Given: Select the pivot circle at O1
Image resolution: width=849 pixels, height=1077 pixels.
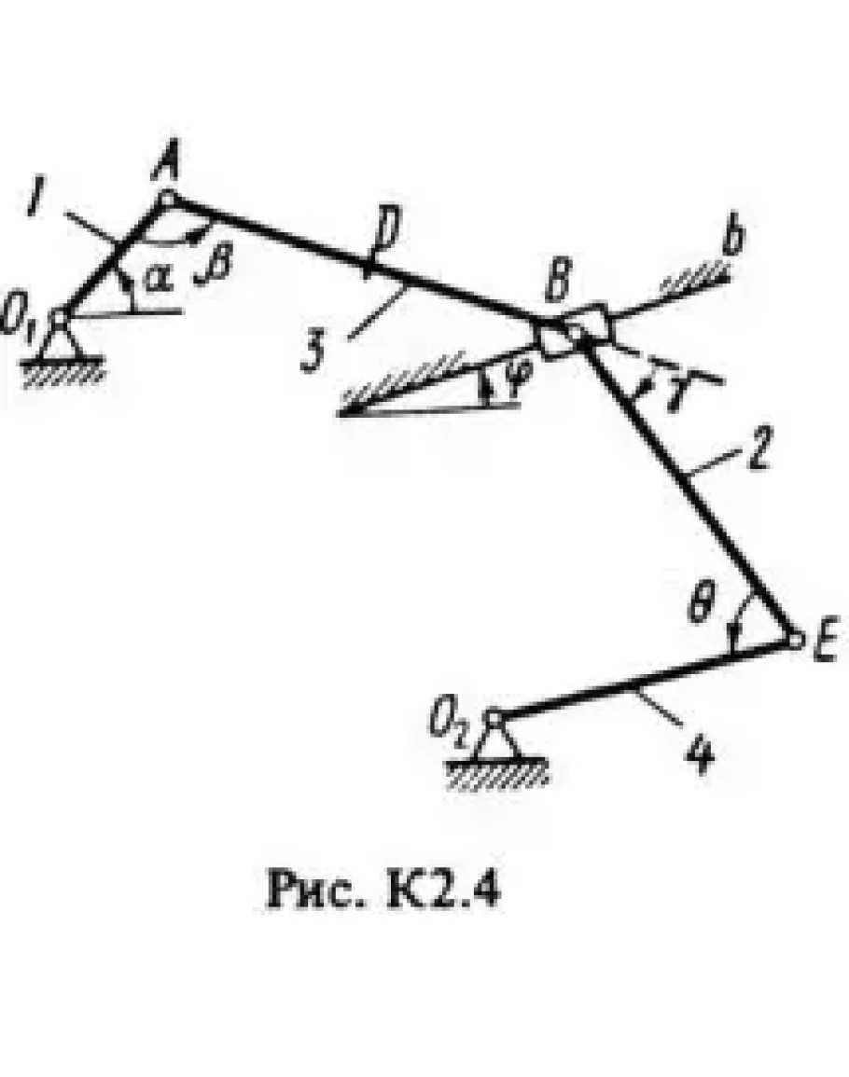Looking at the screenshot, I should pos(60,317).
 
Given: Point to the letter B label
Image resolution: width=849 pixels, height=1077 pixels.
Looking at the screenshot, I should pos(558,282).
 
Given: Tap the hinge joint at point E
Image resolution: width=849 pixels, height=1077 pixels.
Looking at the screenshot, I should pos(794,640).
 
